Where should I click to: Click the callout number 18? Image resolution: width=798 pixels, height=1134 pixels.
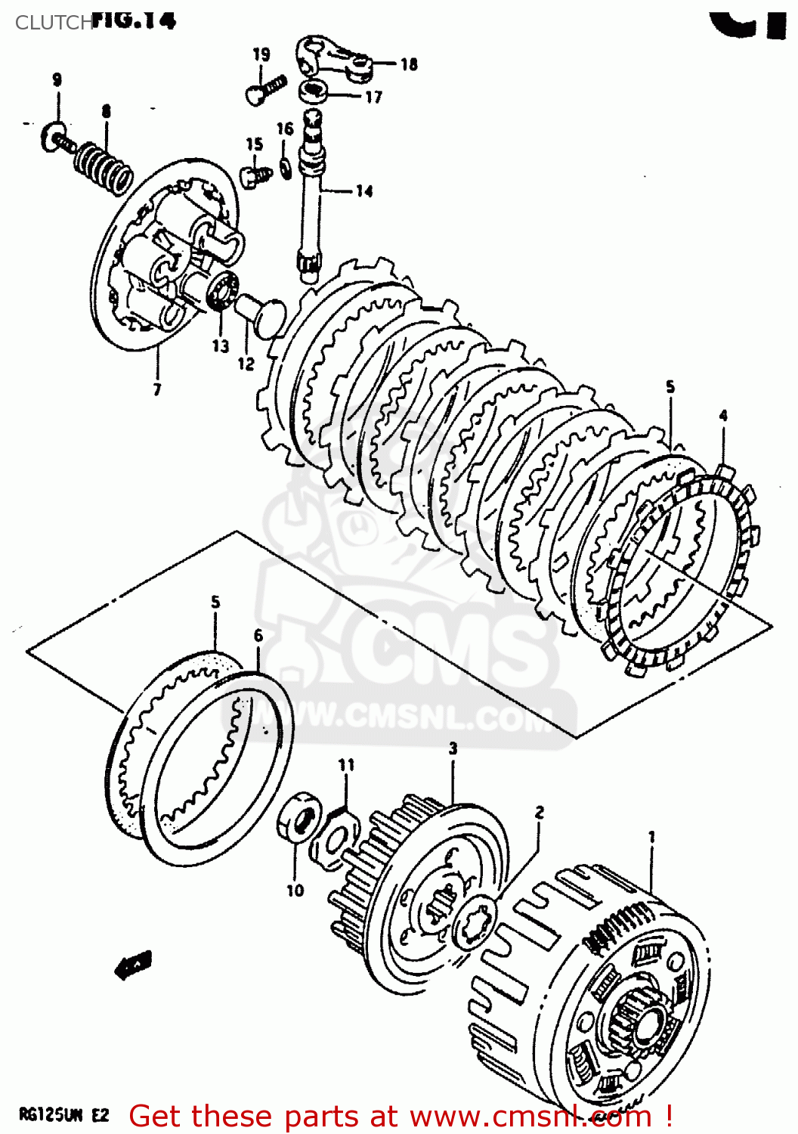pyautogui.click(x=409, y=64)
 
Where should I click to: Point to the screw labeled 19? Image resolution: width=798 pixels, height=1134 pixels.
pyautogui.click(x=264, y=88)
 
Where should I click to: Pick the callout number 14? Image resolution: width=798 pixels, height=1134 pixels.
pyautogui.click(x=364, y=191)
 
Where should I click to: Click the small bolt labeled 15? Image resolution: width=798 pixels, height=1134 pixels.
pyautogui.click(x=253, y=175)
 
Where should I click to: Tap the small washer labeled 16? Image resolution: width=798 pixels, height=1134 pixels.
pyautogui.click(x=285, y=167)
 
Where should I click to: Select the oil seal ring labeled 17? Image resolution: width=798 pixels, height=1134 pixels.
pyautogui.click(x=312, y=92)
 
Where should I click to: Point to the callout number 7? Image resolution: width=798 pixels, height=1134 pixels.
pyautogui.click(x=157, y=390)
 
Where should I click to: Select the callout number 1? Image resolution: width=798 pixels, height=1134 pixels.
pyautogui.click(x=651, y=837)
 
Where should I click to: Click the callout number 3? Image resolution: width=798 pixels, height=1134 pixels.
pyautogui.click(x=453, y=748)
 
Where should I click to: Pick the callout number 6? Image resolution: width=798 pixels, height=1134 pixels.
pyautogui.click(x=258, y=635)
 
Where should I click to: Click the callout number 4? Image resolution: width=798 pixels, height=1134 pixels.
pyautogui.click(x=723, y=416)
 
